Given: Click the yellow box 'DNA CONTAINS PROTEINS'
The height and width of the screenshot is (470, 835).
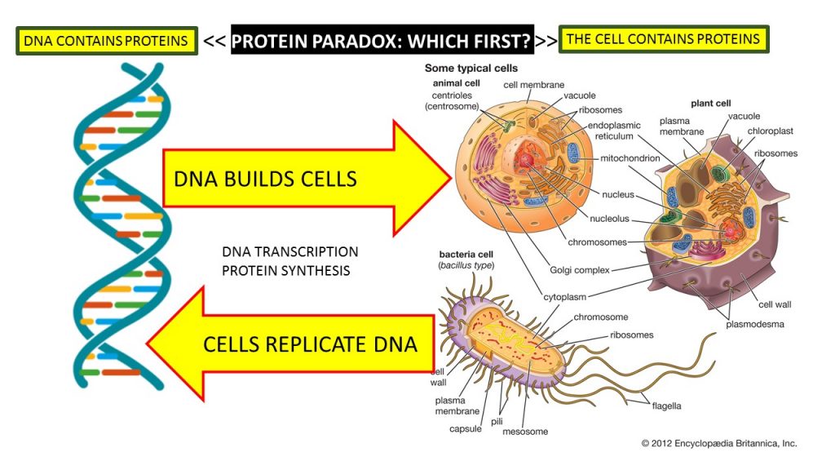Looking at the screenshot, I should pyautogui.click(x=106, y=41).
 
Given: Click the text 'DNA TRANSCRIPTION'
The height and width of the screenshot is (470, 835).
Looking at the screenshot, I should pyautogui.click(x=289, y=251).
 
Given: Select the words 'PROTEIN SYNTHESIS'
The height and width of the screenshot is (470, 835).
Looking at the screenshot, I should pyautogui.click(x=285, y=270).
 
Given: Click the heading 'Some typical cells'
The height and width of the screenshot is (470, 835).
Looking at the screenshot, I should pyautogui.click(x=471, y=69).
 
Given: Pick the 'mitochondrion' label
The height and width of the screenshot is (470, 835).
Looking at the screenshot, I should pyautogui.click(x=630, y=158).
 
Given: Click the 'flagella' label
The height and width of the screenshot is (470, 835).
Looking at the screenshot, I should pyautogui.click(x=666, y=406).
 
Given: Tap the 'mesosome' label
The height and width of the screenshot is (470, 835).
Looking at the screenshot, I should pyautogui.click(x=525, y=431).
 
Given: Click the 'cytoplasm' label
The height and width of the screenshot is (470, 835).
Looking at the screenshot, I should pyautogui.click(x=565, y=296).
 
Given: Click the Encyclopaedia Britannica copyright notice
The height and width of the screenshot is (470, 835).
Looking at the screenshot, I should pyautogui.click(x=718, y=443).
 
